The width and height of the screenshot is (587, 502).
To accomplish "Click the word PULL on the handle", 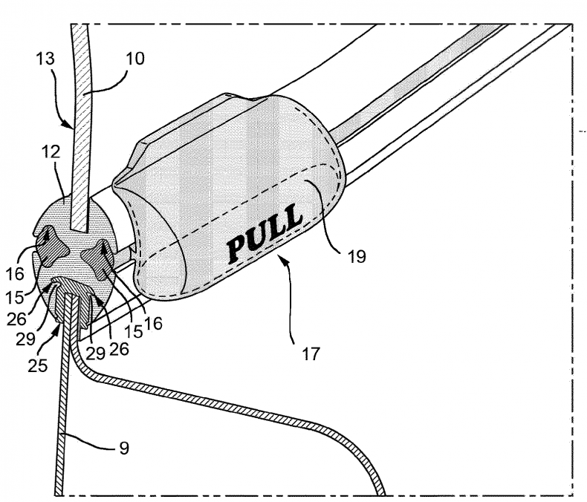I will click(x=265, y=232).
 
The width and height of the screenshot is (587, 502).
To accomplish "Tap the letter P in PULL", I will click(x=237, y=248).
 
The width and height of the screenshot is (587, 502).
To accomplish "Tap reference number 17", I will click(x=311, y=354).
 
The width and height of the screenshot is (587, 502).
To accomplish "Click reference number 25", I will click(x=36, y=365).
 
